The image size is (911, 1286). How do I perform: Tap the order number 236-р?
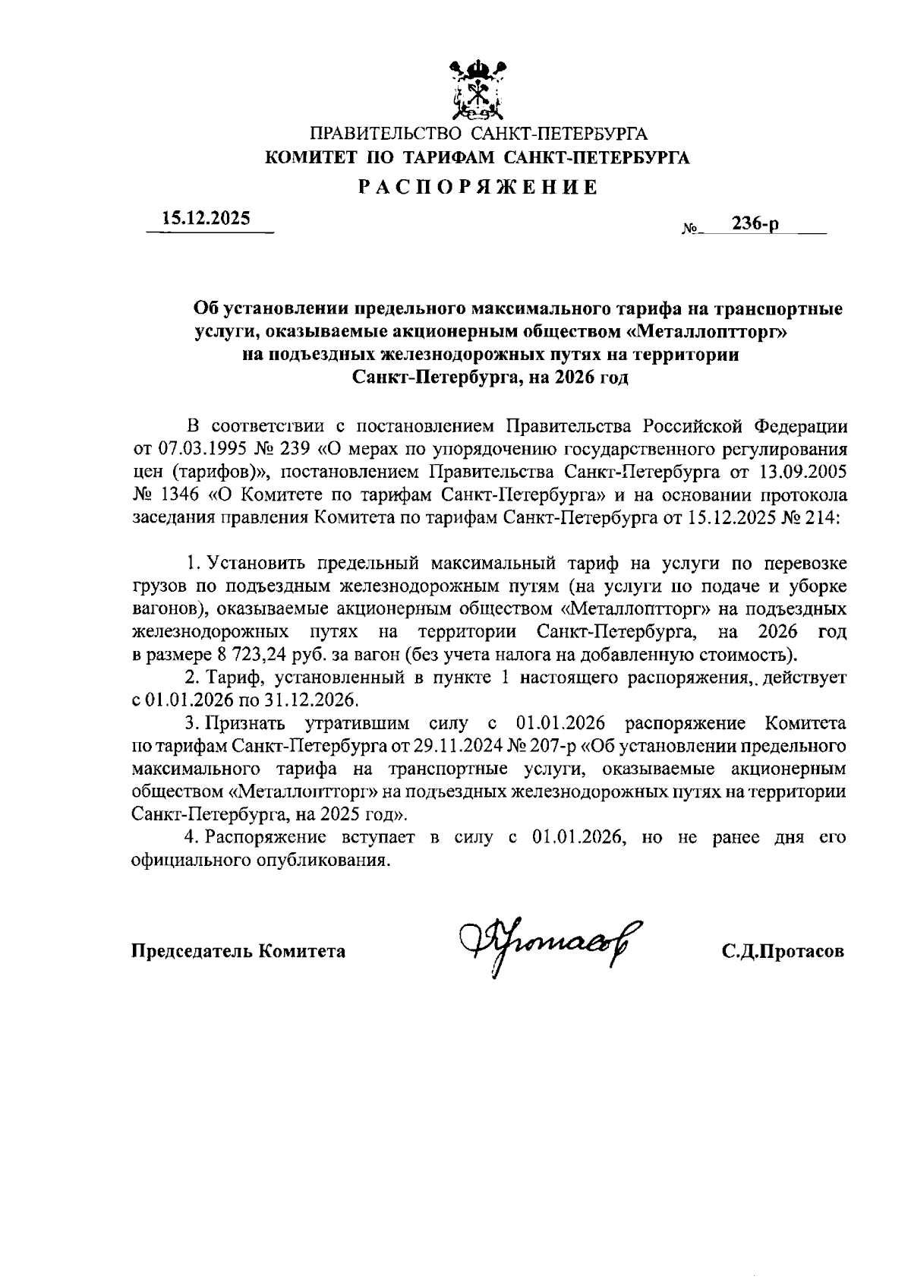tap(755, 223)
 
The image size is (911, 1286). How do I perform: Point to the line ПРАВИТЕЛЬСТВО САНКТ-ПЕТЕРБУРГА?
tap(478, 135)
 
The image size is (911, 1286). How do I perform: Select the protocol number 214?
tap(821, 520)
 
